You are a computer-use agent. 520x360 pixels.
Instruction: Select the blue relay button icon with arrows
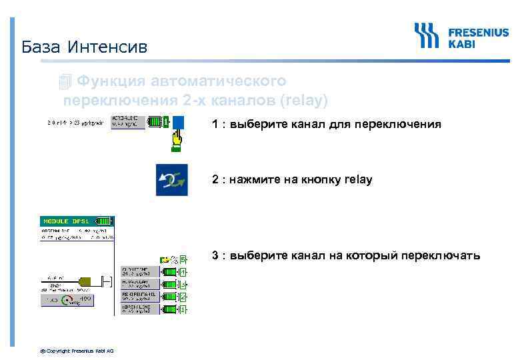171,179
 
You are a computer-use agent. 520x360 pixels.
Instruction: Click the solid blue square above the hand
179,123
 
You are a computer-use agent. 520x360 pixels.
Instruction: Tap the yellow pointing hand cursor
177,140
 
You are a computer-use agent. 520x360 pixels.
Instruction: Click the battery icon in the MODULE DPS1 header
104,221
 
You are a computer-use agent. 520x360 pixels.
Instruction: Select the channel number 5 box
183,259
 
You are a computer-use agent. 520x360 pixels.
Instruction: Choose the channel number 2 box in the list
183,297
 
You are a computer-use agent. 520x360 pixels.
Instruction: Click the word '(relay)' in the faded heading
304,101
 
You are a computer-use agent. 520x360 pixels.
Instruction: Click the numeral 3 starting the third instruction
215,255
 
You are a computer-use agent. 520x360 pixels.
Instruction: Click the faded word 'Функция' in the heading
109,81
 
